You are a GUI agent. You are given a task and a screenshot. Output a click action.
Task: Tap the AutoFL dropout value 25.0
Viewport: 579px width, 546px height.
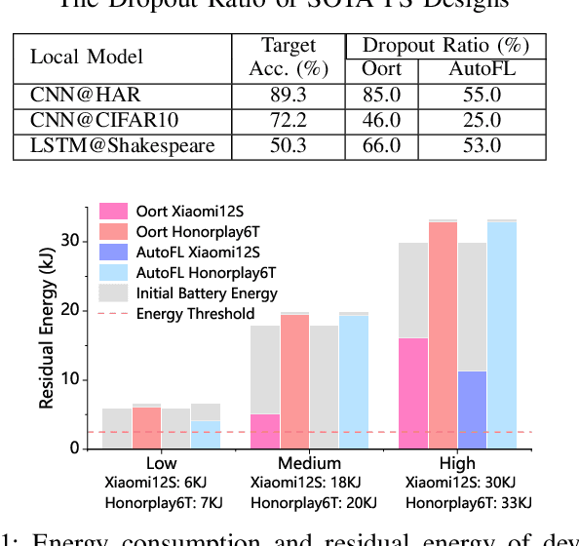pyautogui.click(x=475, y=122)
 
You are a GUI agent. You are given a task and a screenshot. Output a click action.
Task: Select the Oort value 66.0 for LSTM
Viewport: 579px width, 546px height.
pyautogui.click(x=381, y=145)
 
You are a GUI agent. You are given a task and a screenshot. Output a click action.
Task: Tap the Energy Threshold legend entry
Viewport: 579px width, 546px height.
pyautogui.click(x=195, y=313)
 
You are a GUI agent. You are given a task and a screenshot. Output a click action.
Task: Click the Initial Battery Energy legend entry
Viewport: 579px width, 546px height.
pyautogui.click(x=207, y=292)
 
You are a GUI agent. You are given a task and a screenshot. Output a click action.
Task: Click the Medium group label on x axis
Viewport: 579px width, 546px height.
pyautogui.click(x=310, y=463)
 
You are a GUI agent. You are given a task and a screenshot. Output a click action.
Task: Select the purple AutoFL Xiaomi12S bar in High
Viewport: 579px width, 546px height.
pyautogui.click(x=472, y=409)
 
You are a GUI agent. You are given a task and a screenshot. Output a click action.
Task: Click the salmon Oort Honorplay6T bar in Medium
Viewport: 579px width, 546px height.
pyautogui.click(x=294, y=381)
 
